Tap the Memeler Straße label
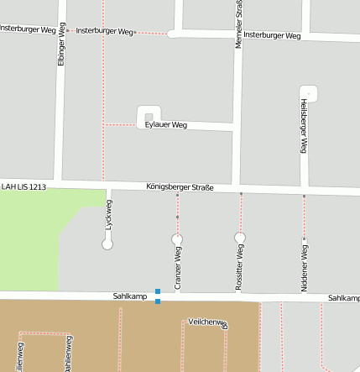coord(238,24)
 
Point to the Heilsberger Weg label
coord(304,125)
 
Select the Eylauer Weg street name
coord(165,125)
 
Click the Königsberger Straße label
coord(180,186)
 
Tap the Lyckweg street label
coord(108,215)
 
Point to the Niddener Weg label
coord(304,267)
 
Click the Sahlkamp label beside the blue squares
coord(130,296)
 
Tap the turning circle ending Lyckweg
coord(107,244)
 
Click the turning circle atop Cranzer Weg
coord(177,240)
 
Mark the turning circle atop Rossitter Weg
coord(240,238)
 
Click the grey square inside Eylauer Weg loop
coord(149,117)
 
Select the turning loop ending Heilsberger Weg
coord(309,92)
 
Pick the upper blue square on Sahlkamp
coord(157,291)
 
